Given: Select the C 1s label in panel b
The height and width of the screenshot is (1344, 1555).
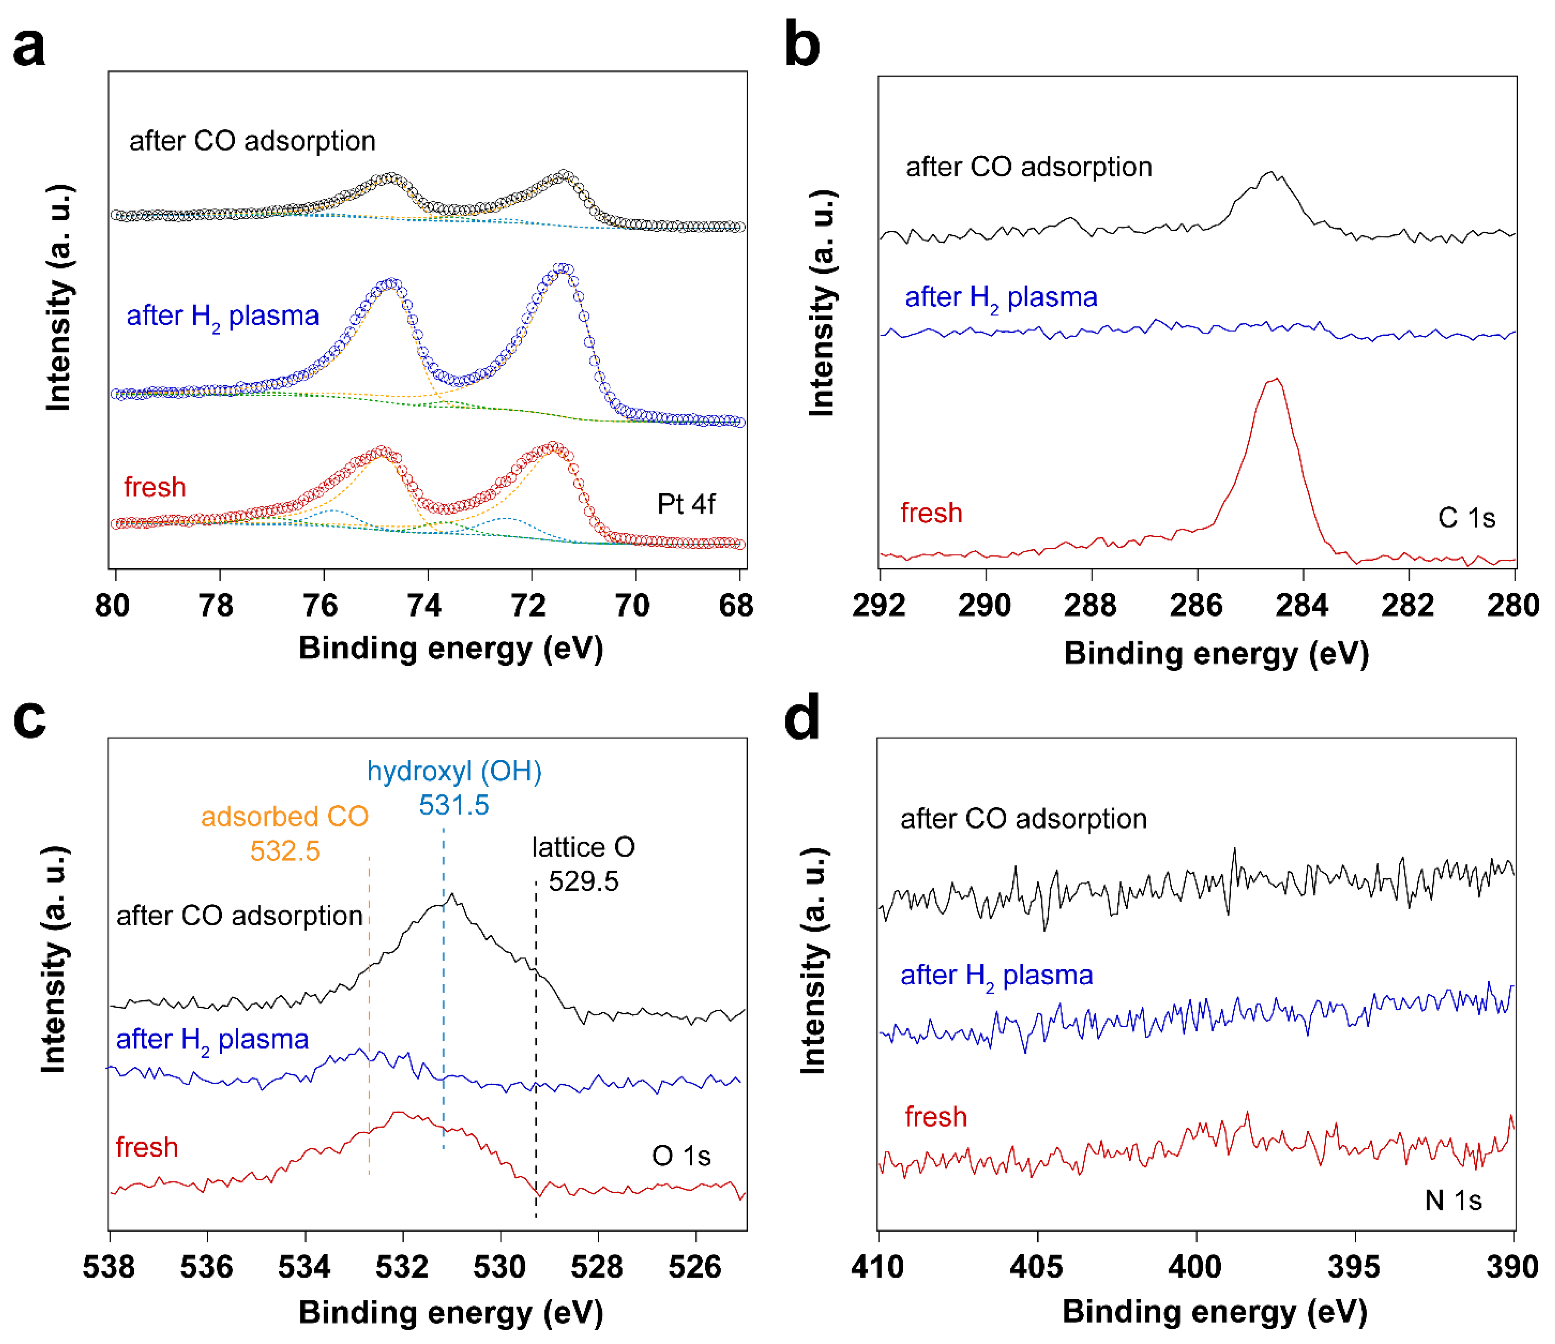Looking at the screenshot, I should click(1466, 518).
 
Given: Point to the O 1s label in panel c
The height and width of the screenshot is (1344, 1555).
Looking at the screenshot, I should click(681, 1155).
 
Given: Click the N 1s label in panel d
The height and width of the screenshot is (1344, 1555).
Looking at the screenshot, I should click(1453, 1201).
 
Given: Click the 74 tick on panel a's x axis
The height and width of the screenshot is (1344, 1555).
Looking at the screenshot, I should click(425, 605).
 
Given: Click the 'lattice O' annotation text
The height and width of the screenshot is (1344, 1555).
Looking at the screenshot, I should click(583, 847).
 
